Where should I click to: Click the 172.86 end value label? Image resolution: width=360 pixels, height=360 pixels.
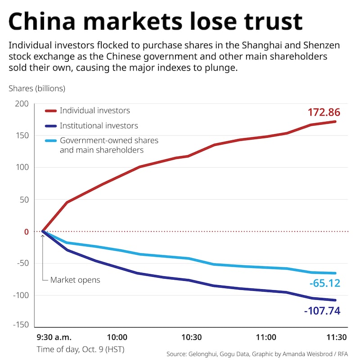coord(324,112)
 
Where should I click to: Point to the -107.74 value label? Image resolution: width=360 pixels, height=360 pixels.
coord(322,310)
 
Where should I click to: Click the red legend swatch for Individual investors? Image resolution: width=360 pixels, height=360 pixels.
coord(50,111)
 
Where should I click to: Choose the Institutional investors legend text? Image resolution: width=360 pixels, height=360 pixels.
coord(99,126)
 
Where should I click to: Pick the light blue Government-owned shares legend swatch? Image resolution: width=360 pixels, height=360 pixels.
coord(50,141)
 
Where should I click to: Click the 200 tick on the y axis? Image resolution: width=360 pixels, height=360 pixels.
coord(22,104)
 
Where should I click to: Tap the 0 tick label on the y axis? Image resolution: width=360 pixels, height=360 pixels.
coord(27,232)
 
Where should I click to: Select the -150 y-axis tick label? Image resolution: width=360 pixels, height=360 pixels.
coord(20,325)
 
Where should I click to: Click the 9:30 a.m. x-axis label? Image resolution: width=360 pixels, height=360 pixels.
coord(54,337)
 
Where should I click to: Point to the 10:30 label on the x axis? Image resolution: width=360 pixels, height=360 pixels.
coord(192,337)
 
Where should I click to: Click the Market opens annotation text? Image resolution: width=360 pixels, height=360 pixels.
coord(75,280)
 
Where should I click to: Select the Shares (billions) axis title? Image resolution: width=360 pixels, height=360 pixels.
coord(37,88)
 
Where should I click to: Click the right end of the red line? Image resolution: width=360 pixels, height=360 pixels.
coord(335,121)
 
